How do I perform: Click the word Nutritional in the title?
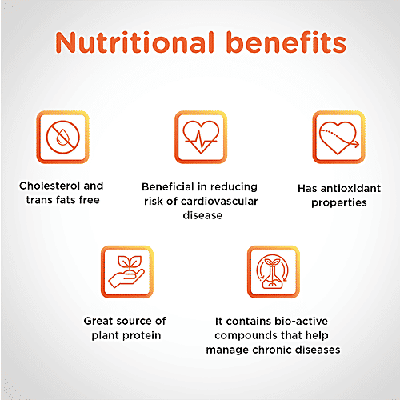click(135, 42)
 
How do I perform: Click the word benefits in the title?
click(286, 42)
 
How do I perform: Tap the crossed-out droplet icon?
click(63, 137)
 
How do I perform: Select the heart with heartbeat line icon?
click(201, 137)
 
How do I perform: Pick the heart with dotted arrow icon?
click(339, 138)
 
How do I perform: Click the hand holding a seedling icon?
click(126, 271)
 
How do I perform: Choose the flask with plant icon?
click(272, 272)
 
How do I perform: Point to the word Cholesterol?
click(50, 186)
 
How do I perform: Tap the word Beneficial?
click(168, 186)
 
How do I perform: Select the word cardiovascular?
click(219, 202)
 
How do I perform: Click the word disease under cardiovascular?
click(202, 215)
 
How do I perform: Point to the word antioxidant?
click(350, 188)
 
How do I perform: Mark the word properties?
click(339, 203)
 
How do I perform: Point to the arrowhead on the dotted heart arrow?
click(357, 144)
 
